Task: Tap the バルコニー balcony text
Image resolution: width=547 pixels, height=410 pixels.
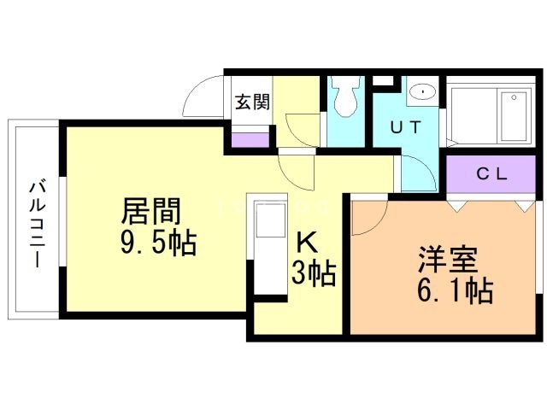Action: pos(36,224)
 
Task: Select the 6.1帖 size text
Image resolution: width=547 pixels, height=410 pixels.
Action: pos(454,292)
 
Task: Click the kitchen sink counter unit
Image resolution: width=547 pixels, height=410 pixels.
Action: pos(267,248)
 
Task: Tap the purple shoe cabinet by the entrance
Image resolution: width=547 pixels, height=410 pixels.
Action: pos(250,141)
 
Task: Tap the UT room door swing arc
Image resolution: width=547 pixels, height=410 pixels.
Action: pos(417,171)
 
